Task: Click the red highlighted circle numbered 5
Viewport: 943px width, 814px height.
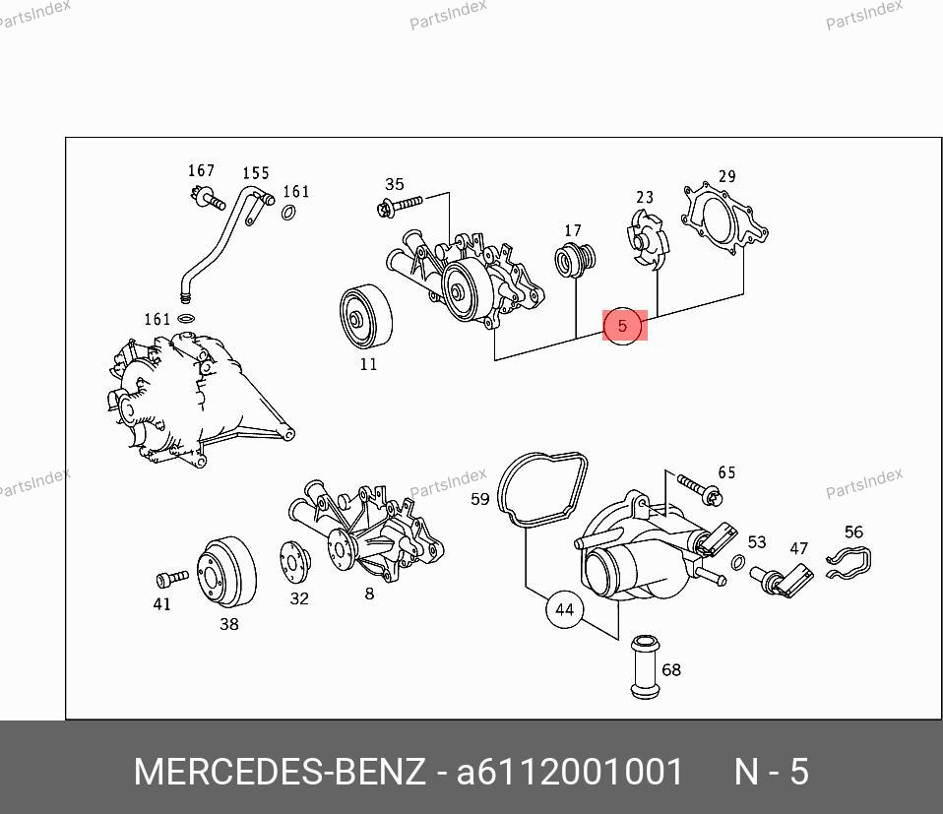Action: [x=622, y=326]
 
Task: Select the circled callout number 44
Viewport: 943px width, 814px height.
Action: [x=564, y=610]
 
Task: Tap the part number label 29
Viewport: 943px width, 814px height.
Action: [x=726, y=177]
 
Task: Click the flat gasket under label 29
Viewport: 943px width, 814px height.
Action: [x=725, y=221]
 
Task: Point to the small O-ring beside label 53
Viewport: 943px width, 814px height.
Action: [x=738, y=563]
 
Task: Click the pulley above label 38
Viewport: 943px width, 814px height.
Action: [x=225, y=574]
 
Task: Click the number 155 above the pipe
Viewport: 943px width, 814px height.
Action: [x=256, y=173]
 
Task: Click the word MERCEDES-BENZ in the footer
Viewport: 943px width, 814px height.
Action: [x=280, y=772]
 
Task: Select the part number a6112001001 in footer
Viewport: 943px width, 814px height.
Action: [x=570, y=772]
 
